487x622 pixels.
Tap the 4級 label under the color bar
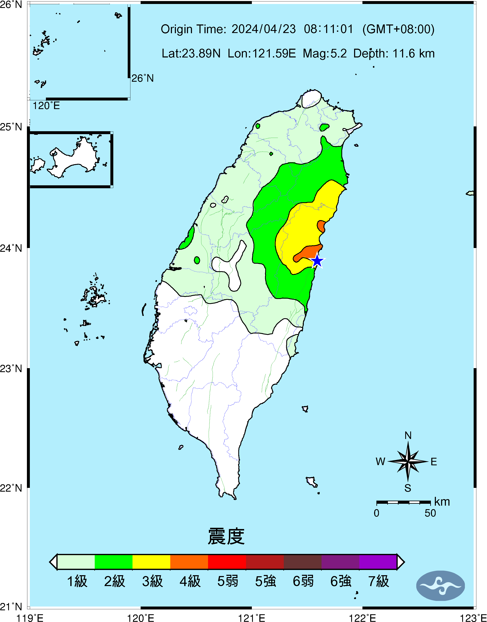(190, 581)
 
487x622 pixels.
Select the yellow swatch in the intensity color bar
(151, 562)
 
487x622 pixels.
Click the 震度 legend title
(226, 536)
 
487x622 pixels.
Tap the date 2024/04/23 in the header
(264, 29)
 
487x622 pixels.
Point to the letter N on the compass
(408, 436)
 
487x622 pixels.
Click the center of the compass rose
(408, 461)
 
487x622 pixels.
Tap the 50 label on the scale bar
(430, 513)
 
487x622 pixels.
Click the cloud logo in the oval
(440, 586)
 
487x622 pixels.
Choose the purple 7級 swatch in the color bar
(378, 562)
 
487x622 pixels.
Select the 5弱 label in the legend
(227, 581)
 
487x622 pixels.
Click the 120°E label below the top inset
(46, 106)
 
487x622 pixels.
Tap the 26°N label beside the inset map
(142, 78)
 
